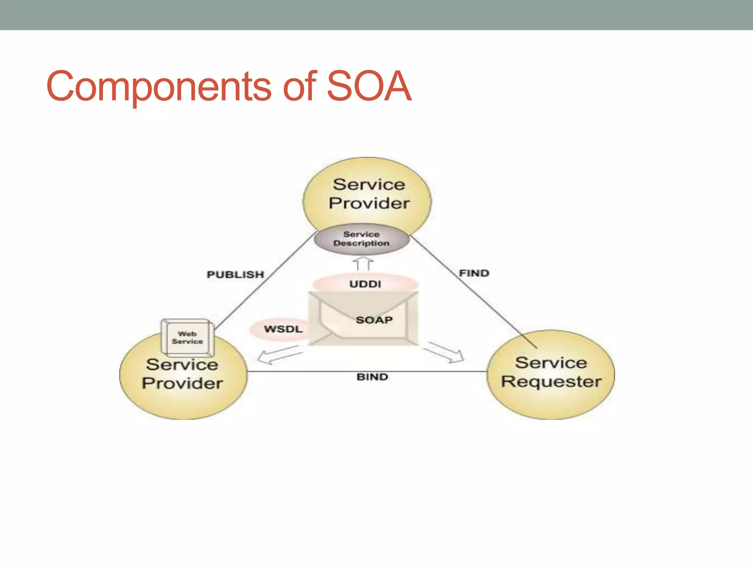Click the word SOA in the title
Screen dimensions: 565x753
369,86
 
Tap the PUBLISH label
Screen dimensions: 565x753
235,274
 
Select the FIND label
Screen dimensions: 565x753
474,273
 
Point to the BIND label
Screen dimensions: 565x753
372,377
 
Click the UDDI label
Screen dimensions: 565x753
365,284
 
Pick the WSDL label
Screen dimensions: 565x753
283,329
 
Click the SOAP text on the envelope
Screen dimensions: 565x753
374,320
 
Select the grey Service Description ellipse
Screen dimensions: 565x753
361,239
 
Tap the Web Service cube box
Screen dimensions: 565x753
188,338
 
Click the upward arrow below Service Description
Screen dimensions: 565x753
363,263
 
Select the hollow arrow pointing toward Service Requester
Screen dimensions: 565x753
446,352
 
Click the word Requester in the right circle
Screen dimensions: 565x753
551,382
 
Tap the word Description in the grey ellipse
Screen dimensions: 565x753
361,244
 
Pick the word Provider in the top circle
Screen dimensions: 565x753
369,203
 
